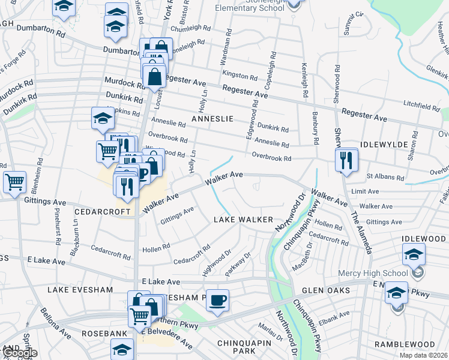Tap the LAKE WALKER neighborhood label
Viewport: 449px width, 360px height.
244,220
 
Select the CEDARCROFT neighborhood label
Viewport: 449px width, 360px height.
102,212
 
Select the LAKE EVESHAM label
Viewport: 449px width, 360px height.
80,289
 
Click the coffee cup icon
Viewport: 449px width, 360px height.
217,300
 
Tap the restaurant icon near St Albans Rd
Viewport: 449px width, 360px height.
347,160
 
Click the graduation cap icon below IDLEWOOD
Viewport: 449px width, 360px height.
414,254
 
